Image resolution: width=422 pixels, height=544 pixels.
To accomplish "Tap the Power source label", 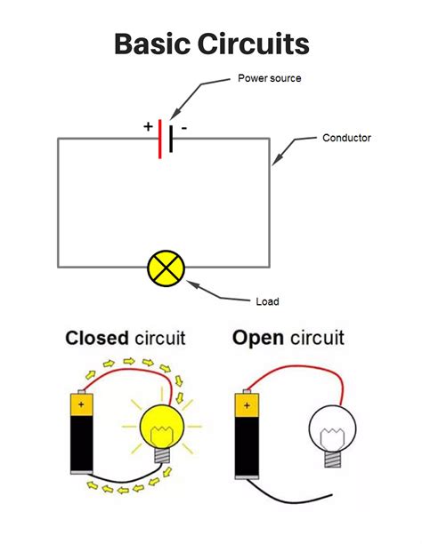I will tap(269, 78).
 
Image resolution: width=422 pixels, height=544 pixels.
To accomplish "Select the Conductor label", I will tap(346, 138).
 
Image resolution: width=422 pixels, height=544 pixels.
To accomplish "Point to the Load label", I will tap(267, 301).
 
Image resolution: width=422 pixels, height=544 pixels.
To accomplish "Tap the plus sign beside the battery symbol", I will tap(148, 127).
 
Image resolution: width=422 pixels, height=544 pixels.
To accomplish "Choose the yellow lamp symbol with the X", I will tap(165, 267).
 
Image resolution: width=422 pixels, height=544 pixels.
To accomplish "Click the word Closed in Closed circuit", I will tap(97, 338).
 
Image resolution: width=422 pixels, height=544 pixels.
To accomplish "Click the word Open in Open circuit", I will tap(258, 338).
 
